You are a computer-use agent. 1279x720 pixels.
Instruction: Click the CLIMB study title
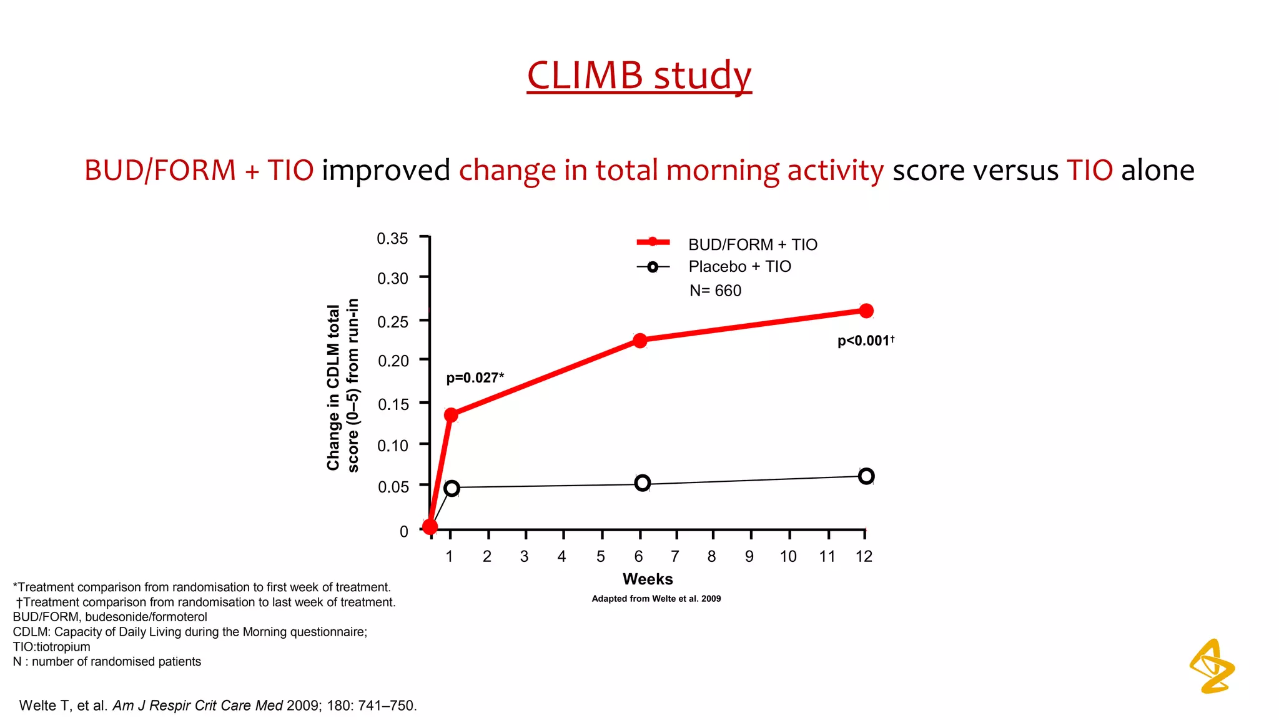coord(639,76)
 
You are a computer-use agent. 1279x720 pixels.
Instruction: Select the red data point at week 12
coord(866,311)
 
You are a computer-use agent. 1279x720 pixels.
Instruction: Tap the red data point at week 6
coord(639,341)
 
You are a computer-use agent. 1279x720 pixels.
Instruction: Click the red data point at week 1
coord(451,415)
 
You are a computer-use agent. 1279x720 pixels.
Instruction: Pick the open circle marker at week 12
coord(866,476)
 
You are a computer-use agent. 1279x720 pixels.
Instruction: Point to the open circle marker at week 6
coord(642,483)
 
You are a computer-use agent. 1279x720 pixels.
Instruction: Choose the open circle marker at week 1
coord(452,488)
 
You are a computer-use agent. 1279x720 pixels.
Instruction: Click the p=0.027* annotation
coord(475,377)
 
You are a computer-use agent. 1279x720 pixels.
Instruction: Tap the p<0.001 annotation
coord(865,341)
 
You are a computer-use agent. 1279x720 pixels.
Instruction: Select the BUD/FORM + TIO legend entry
coord(752,244)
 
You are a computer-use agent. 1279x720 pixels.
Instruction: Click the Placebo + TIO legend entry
coord(739,267)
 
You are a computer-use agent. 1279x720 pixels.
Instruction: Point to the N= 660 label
coord(715,291)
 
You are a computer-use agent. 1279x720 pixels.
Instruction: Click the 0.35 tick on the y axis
coord(392,239)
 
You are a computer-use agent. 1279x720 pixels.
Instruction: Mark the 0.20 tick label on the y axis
coord(393,361)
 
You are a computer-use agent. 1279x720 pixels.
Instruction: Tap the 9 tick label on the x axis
coord(749,556)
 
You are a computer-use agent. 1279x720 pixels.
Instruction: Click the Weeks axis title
coord(648,579)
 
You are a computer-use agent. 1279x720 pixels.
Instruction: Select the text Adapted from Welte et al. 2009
coord(656,599)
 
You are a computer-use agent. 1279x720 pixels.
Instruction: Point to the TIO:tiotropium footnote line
coord(52,647)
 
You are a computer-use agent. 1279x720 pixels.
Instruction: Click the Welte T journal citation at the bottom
coord(218,706)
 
